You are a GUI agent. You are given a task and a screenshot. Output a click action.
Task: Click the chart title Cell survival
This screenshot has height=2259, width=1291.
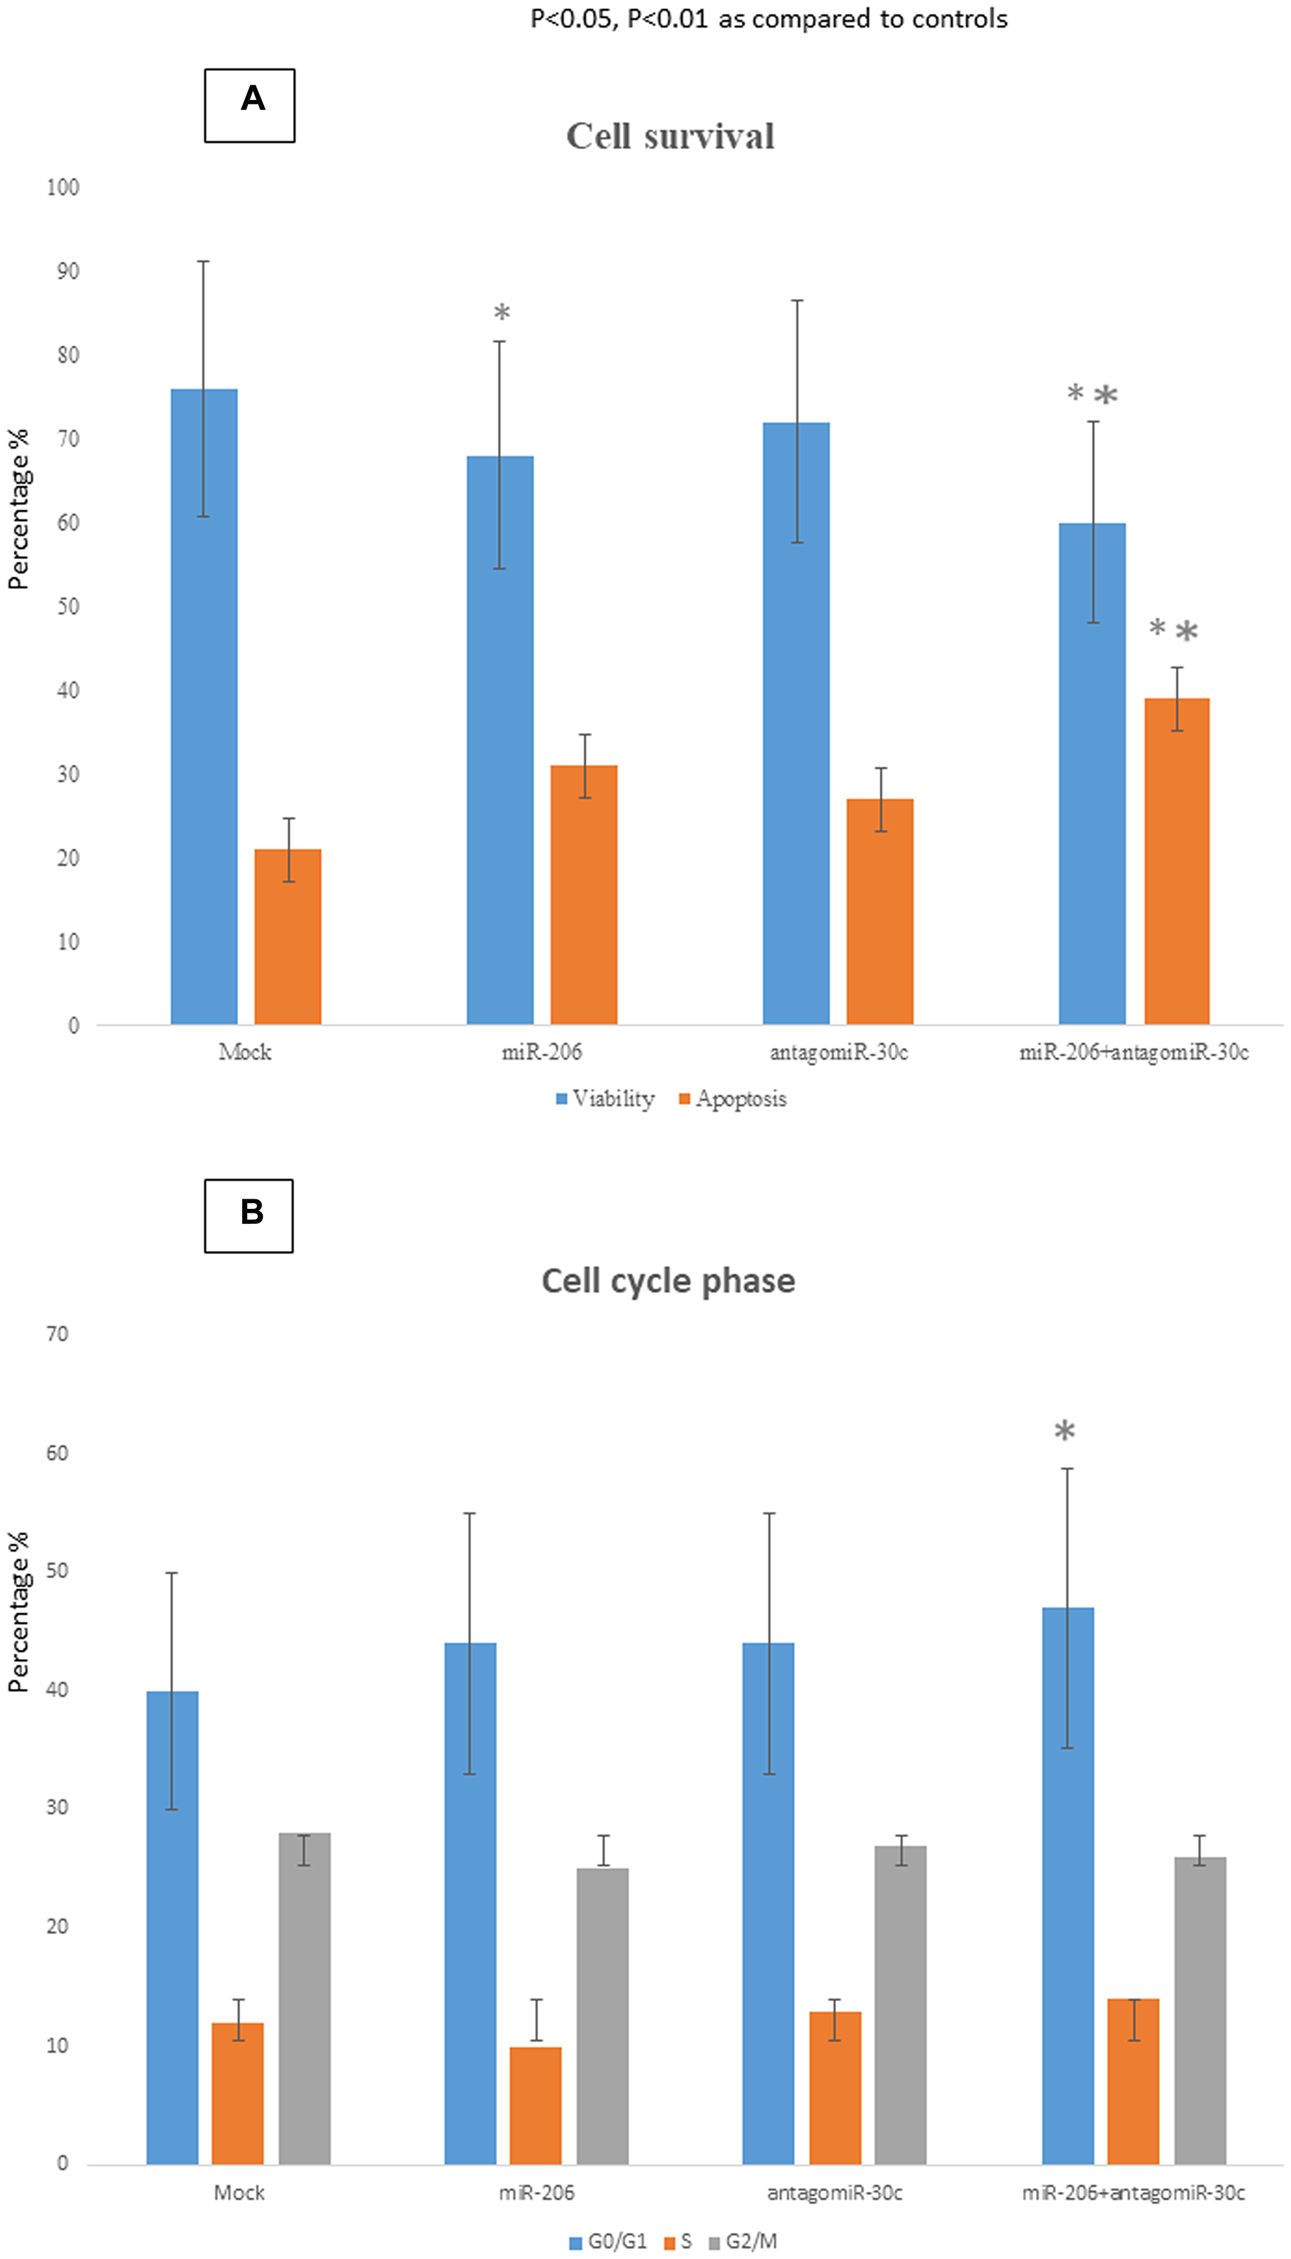pos(670,136)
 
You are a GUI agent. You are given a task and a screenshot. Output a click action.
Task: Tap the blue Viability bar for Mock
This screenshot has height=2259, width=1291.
pos(204,710)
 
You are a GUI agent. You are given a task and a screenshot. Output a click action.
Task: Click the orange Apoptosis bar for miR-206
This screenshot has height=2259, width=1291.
pos(584,896)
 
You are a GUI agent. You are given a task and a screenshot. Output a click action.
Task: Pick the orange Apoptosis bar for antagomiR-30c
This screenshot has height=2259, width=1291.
pos(880,914)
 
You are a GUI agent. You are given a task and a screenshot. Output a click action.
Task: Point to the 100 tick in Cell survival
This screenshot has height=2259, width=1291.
pos(63,187)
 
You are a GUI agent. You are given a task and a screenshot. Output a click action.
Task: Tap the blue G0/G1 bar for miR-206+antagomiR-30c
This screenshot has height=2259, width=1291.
pos(1068,1889)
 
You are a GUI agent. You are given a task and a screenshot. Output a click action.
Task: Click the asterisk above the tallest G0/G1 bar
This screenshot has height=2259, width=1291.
pos(1064,1430)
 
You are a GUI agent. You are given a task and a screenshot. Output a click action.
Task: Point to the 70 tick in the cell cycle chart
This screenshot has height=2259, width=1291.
pos(57,1334)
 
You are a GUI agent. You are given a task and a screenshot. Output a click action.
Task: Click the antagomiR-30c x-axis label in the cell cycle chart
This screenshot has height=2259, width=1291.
pos(835,2192)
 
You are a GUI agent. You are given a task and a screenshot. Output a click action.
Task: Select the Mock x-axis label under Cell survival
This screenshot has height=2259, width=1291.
pos(245,1052)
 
